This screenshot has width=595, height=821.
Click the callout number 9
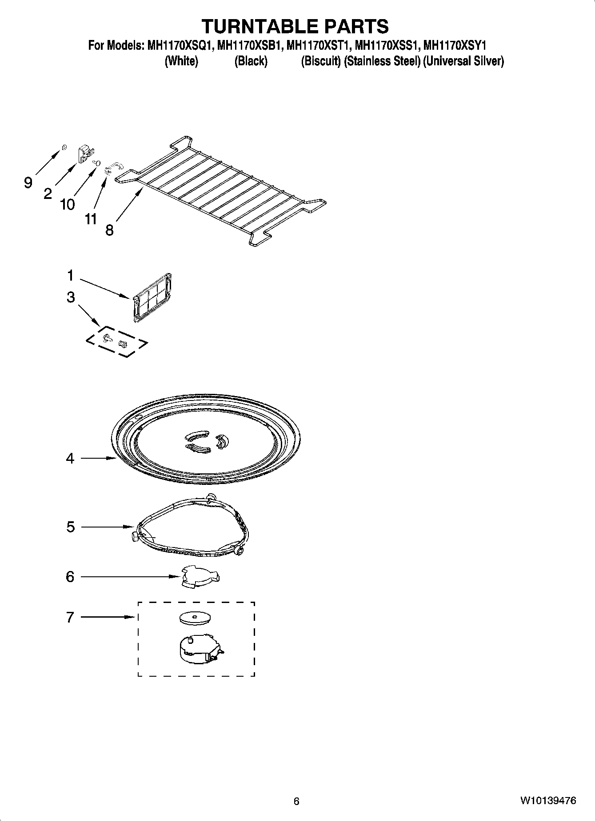coord(28,182)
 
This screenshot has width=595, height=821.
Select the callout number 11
coord(91,219)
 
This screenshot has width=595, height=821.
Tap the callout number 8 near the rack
coord(109,230)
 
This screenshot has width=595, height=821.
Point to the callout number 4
coord(70,458)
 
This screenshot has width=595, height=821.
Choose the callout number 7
coord(70,617)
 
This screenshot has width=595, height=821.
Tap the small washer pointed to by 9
coord(64,147)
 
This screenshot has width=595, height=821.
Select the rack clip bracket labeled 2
coord(84,154)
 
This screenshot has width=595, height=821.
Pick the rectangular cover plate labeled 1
coord(152,297)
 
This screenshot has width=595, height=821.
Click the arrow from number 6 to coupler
coord(129,577)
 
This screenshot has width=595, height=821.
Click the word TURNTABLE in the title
coord(259,26)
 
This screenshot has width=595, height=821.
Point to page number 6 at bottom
coord(296,801)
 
